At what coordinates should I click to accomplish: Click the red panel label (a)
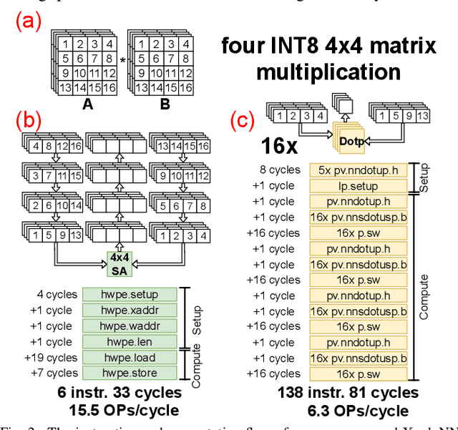pyautogui.click(x=30, y=24)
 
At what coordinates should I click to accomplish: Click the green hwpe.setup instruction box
pyautogui.click(x=129, y=294)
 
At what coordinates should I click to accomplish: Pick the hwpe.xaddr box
pyautogui.click(x=129, y=310)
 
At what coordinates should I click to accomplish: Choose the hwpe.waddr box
pyautogui.click(x=129, y=326)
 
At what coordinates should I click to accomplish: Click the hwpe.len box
pyautogui.click(x=129, y=341)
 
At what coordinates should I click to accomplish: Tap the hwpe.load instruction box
pyautogui.click(x=129, y=357)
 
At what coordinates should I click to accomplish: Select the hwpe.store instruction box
pyautogui.click(x=129, y=373)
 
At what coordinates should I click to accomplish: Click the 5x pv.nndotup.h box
pyautogui.click(x=358, y=170)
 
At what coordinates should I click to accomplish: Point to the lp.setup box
pyautogui.click(x=358, y=185)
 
